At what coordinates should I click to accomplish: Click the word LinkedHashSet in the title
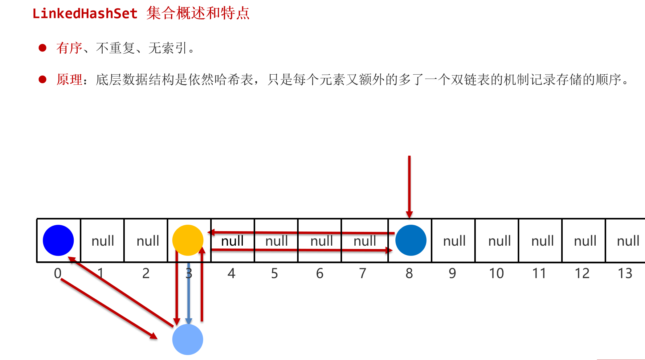click(85, 14)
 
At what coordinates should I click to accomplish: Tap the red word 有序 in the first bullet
click(69, 48)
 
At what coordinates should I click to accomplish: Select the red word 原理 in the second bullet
click(69, 80)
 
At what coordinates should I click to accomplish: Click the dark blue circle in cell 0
click(58, 240)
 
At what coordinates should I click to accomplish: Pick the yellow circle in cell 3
click(188, 240)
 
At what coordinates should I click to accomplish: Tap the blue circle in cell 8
click(411, 240)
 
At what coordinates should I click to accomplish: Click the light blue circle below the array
click(187, 339)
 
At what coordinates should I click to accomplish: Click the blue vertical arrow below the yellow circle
click(189, 293)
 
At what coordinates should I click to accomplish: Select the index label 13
click(625, 273)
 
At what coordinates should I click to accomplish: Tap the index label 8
click(409, 273)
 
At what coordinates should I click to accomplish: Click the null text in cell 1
click(103, 241)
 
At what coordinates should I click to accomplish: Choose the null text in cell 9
click(454, 241)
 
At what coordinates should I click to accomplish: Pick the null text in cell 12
click(585, 241)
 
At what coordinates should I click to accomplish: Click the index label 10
click(496, 273)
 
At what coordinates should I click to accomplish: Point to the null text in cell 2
click(148, 241)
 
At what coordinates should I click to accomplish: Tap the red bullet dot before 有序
click(43, 48)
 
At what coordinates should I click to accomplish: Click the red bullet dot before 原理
click(43, 80)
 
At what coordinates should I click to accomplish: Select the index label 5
click(275, 273)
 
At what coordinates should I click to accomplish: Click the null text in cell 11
click(543, 241)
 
